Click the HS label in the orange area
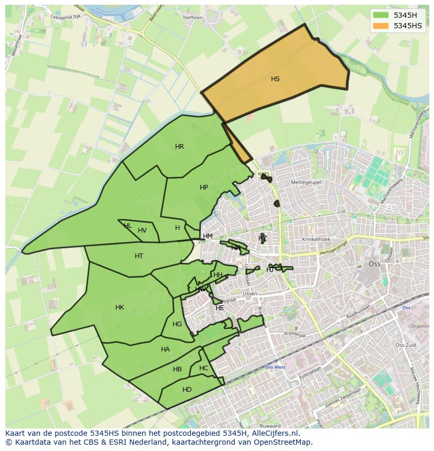(275, 79)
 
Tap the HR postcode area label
(179, 147)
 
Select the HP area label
(204, 188)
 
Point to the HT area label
(139, 256)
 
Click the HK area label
(120, 307)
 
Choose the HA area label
(165, 349)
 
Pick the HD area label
(187, 390)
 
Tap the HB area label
(177, 370)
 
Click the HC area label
(203, 368)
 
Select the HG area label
(177, 324)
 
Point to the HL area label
(127, 226)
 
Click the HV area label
(142, 230)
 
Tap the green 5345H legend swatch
(381, 15)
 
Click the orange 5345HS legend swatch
(381, 26)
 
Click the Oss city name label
(375, 264)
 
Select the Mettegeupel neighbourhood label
(306, 182)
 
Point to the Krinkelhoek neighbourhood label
(316, 239)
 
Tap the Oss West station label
(275, 367)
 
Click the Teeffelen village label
(192, 18)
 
